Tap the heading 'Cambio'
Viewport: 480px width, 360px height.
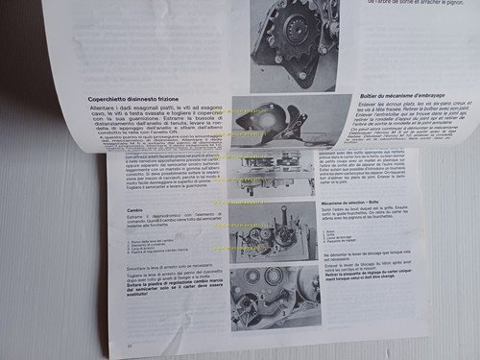(116, 204)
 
